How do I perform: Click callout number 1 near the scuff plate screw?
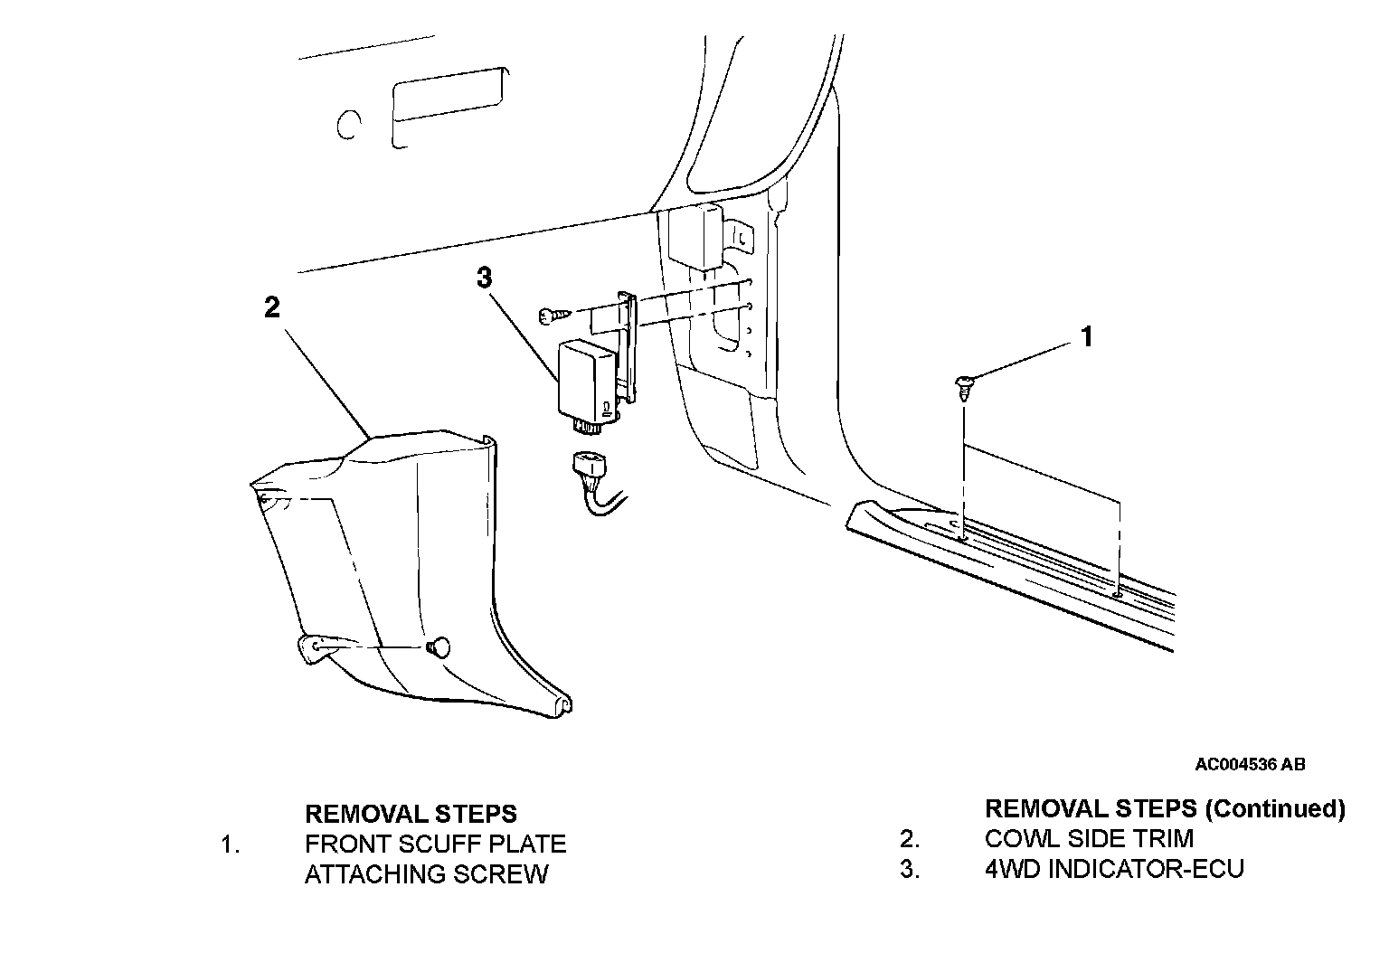click(x=1087, y=337)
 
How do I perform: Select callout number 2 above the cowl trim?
click(x=272, y=307)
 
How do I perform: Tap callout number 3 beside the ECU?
click(x=485, y=278)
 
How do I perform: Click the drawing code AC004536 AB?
click(x=1250, y=765)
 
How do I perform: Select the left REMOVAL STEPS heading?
click(x=411, y=813)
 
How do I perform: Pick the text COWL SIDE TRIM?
click(x=1089, y=838)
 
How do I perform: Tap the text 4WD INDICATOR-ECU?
click(x=1114, y=869)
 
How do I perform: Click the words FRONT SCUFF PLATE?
click(x=435, y=844)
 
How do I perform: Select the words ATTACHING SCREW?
click(x=426, y=874)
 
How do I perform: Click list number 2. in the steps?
click(x=909, y=838)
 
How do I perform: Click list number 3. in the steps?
click(x=909, y=869)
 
